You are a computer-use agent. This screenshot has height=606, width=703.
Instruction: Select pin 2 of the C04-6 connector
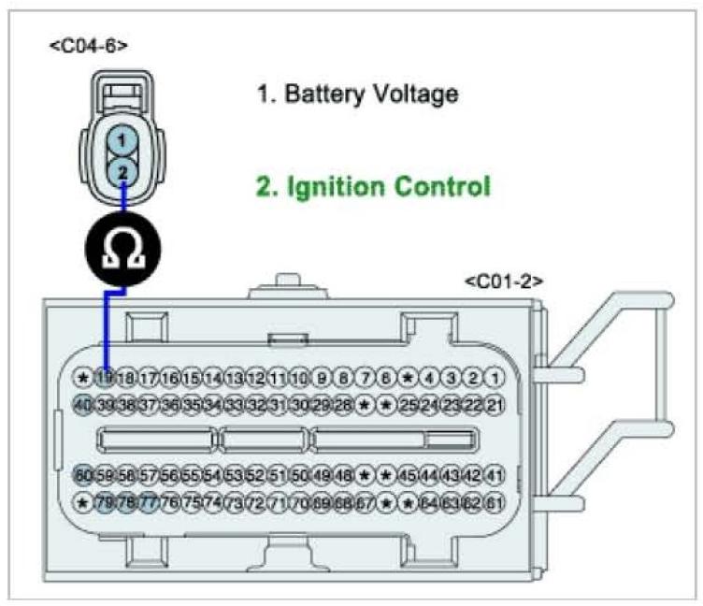[121, 170]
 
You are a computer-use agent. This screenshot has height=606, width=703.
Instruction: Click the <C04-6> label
[89, 44]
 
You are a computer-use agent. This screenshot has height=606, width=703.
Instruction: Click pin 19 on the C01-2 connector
[105, 378]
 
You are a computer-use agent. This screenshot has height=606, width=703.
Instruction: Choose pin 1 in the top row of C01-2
[496, 378]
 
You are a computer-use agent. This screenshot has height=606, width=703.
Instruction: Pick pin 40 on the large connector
[83, 405]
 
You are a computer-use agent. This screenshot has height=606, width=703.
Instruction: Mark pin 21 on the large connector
[496, 405]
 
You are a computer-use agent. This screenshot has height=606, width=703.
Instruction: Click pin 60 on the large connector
[83, 475]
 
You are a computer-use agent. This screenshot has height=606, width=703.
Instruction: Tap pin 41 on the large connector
[496, 475]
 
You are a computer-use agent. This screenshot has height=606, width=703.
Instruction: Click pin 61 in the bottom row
[496, 503]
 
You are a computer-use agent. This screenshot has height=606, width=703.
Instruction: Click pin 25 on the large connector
[409, 405]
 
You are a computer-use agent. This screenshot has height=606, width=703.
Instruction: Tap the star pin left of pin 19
[83, 378]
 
